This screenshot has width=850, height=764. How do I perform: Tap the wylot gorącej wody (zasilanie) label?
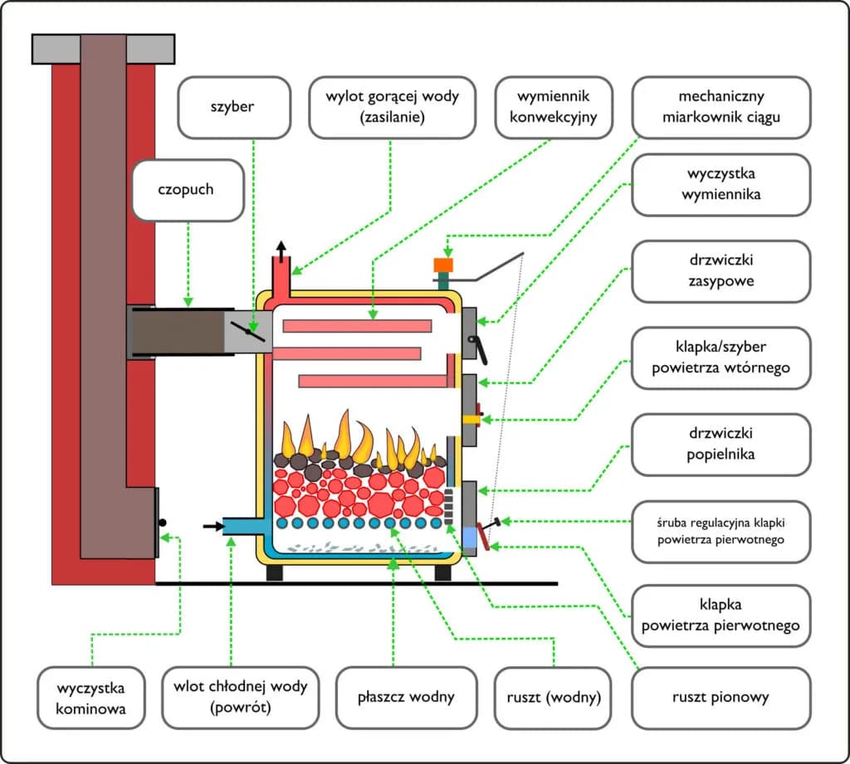pos(393,107)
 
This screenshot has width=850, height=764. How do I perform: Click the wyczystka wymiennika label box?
pos(721,185)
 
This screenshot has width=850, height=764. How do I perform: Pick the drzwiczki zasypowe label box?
pos(721,271)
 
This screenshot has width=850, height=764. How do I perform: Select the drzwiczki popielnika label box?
pos(721,445)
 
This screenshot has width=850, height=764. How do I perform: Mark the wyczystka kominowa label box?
pos(91,697)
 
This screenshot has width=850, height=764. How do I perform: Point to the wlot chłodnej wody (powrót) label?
pos(241,697)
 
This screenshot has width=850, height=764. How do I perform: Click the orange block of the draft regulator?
pos(442,265)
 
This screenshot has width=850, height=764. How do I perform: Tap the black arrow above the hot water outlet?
pos(281,250)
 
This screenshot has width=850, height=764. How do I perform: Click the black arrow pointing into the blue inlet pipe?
pos(212,525)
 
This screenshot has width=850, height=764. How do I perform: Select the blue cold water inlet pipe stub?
pos(242,525)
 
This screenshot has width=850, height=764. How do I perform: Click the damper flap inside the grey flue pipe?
pos(248,333)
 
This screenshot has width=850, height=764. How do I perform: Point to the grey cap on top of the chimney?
pos(103,50)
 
